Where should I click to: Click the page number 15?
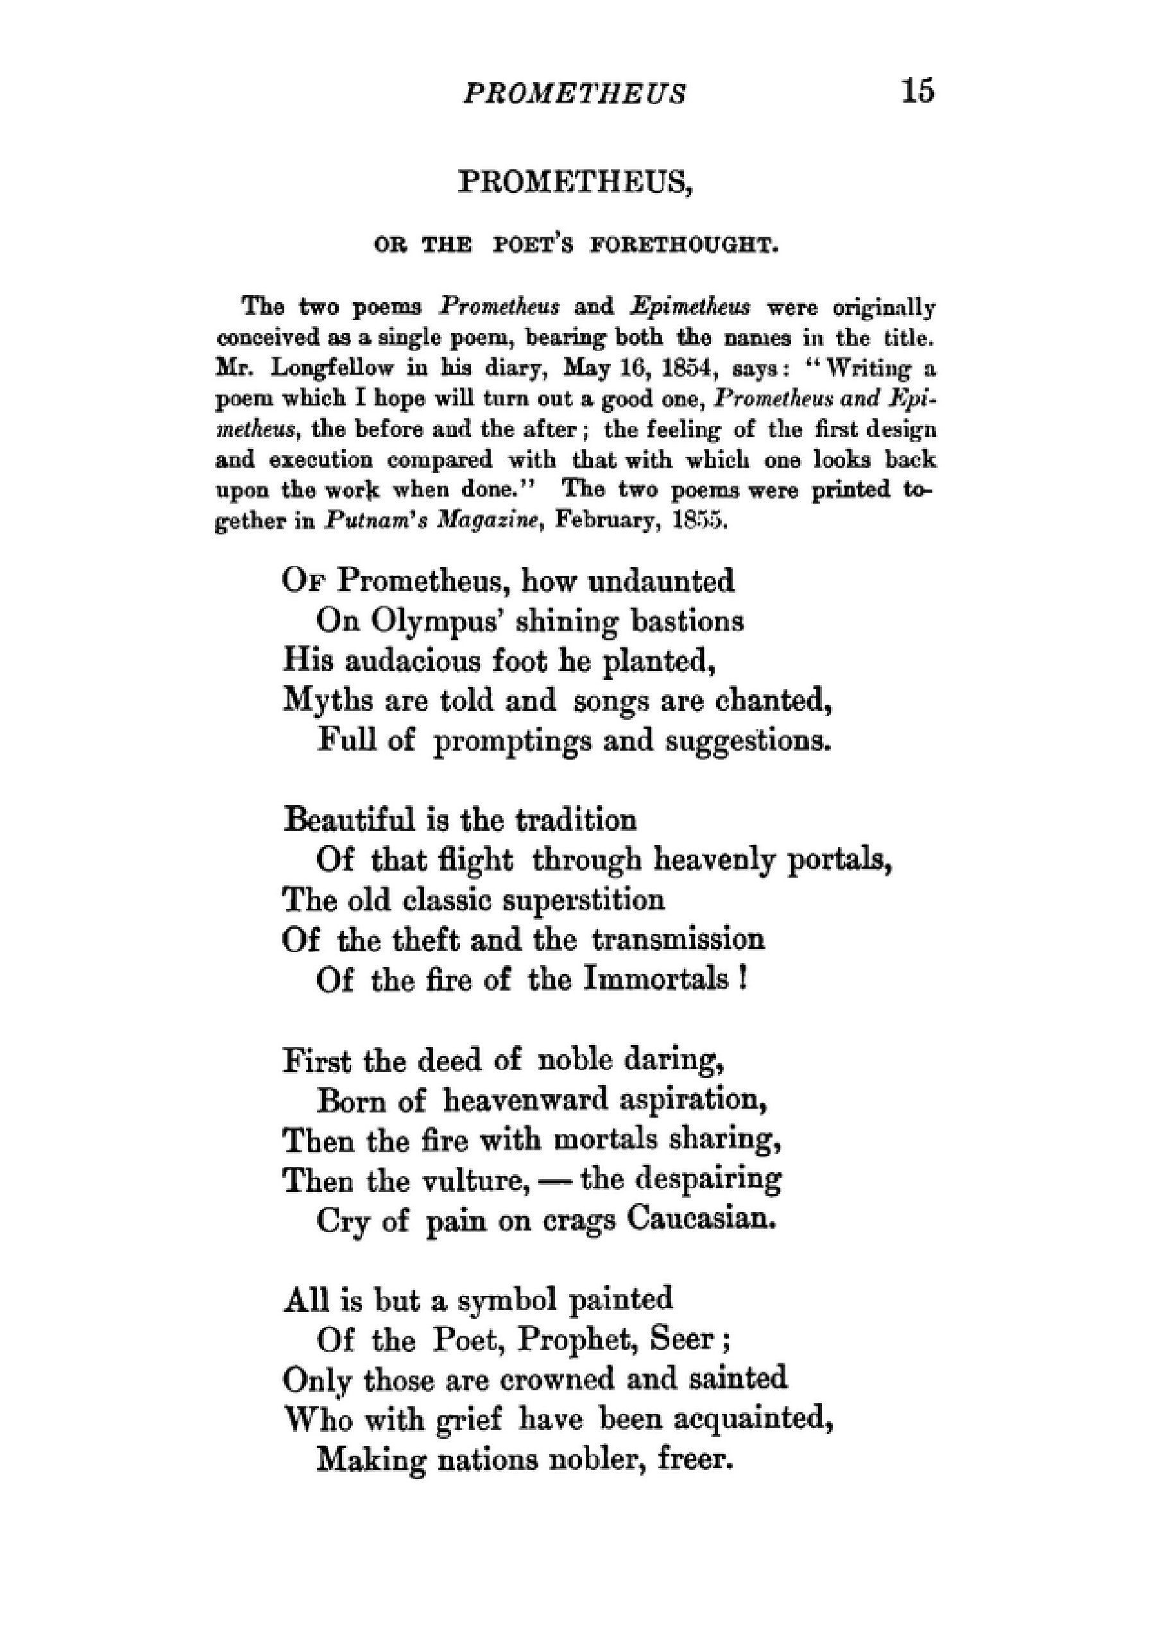[917, 91]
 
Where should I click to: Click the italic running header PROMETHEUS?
[574, 94]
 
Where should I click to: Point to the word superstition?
[584, 900]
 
